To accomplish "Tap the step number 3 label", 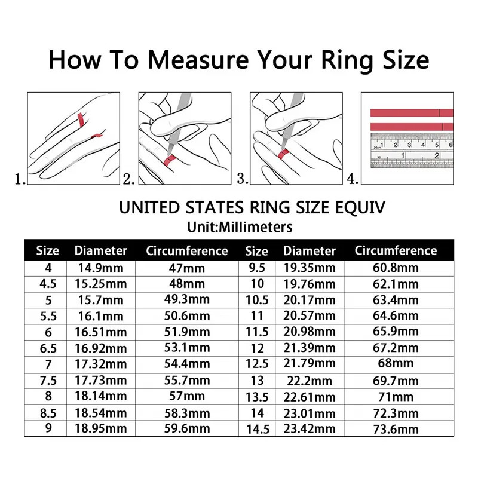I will pos(242,178).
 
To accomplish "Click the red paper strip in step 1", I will pos(79,119).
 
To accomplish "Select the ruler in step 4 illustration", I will pos(412,150).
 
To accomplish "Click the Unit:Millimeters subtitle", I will pos(239,227).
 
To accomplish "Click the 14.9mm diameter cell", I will pos(100,268).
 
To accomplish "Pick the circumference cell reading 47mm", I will pos(186,268).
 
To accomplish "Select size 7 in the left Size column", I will pos(48,364).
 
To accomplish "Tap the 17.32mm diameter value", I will pos(100,364).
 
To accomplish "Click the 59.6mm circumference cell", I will pos(186,428).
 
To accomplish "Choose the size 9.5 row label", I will pos(257,268).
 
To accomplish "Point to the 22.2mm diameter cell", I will pos(309,381).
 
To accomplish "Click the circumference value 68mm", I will pos(396,364).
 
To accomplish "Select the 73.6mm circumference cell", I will pos(396,429).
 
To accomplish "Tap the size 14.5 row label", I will pos(257,429).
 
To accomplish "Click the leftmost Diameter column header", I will pos(100,250).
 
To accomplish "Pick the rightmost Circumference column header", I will pos(396,250).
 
